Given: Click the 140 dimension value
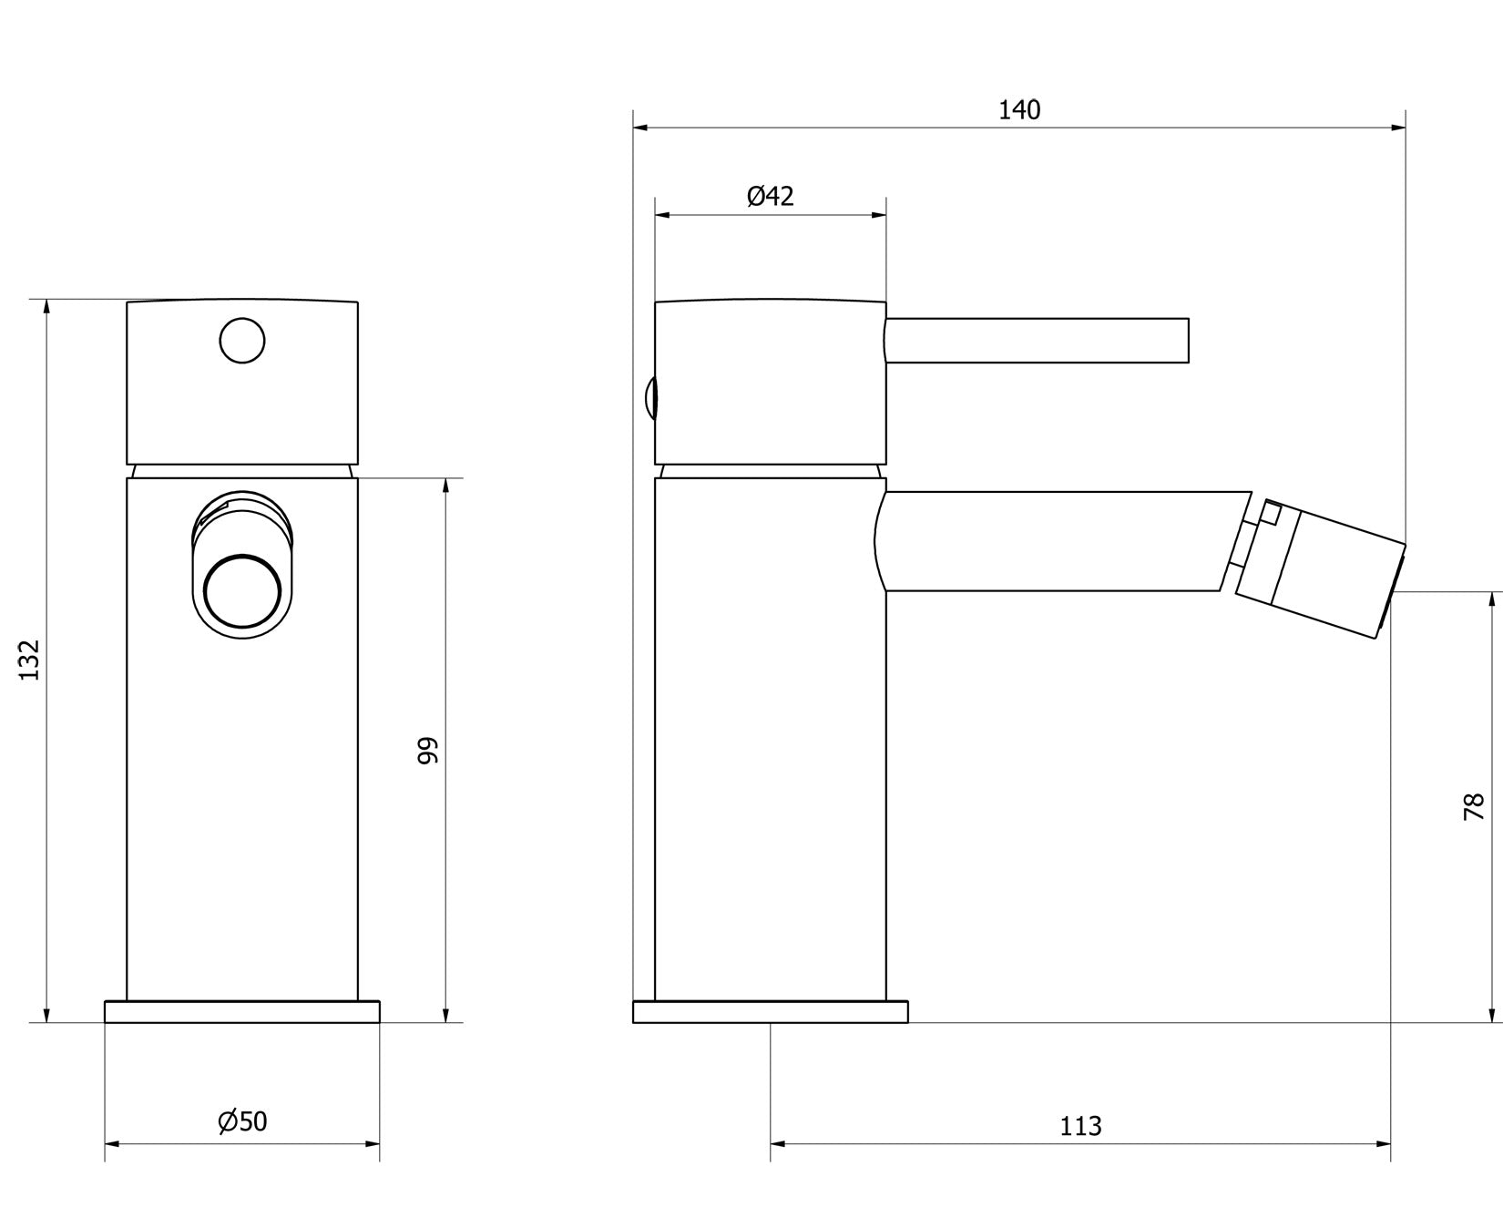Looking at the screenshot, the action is click(x=1019, y=110).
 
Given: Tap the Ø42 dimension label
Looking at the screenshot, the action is click(x=771, y=196).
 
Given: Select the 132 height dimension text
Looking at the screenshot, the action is click(x=30, y=660).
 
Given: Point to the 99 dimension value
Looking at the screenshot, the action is click(x=428, y=751).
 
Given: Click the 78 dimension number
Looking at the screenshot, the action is click(x=1474, y=807).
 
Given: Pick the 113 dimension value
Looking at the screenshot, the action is click(x=1080, y=1127).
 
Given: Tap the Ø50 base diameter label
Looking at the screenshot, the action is click(x=242, y=1121).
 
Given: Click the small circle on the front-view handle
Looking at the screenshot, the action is click(x=242, y=341).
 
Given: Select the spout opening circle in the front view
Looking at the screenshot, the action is click(x=242, y=591).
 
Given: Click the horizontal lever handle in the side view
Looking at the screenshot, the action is click(x=1037, y=341).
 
